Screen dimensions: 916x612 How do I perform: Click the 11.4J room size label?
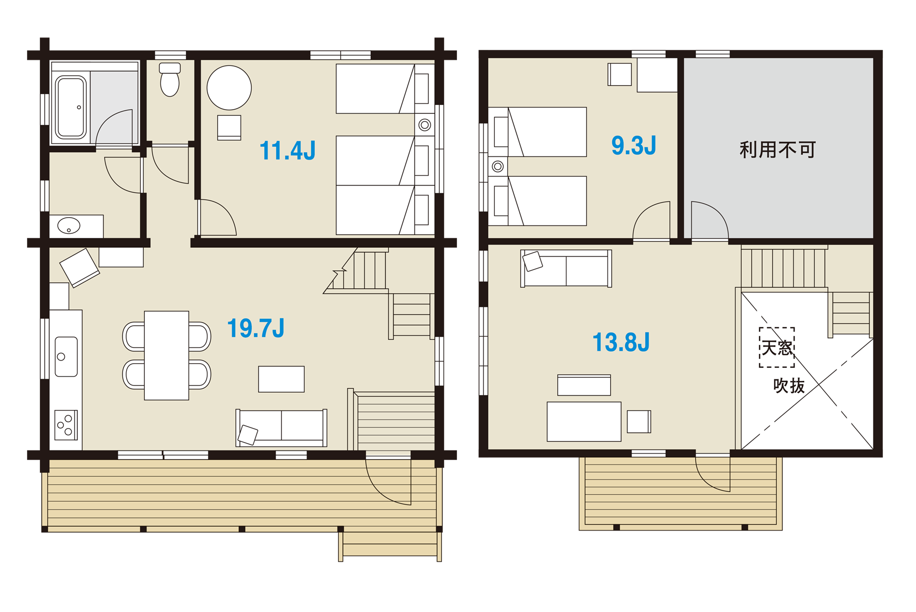click(287, 151)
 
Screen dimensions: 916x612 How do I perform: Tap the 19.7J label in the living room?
click(255, 328)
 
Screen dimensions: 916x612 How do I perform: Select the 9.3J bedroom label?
click(634, 145)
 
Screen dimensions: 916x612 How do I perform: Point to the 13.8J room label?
click(621, 342)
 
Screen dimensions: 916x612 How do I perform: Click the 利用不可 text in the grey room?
click(777, 150)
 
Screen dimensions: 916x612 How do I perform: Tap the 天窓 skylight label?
click(777, 348)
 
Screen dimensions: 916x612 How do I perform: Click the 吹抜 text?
click(789, 385)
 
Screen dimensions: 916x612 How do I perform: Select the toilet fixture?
click(170, 79)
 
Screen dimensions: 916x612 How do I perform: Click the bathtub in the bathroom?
click(71, 107)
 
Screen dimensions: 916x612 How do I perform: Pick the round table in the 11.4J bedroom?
click(229, 88)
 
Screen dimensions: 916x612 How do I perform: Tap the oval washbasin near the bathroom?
click(69, 226)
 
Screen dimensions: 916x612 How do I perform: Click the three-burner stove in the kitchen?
click(66, 425)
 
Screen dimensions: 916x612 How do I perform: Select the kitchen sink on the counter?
click(66, 357)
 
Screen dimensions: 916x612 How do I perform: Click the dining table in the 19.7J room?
click(166, 355)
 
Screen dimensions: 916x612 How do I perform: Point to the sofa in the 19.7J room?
click(281, 428)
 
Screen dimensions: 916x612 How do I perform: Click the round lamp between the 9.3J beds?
click(497, 166)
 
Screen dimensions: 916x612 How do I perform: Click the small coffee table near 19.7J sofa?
click(281, 379)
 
